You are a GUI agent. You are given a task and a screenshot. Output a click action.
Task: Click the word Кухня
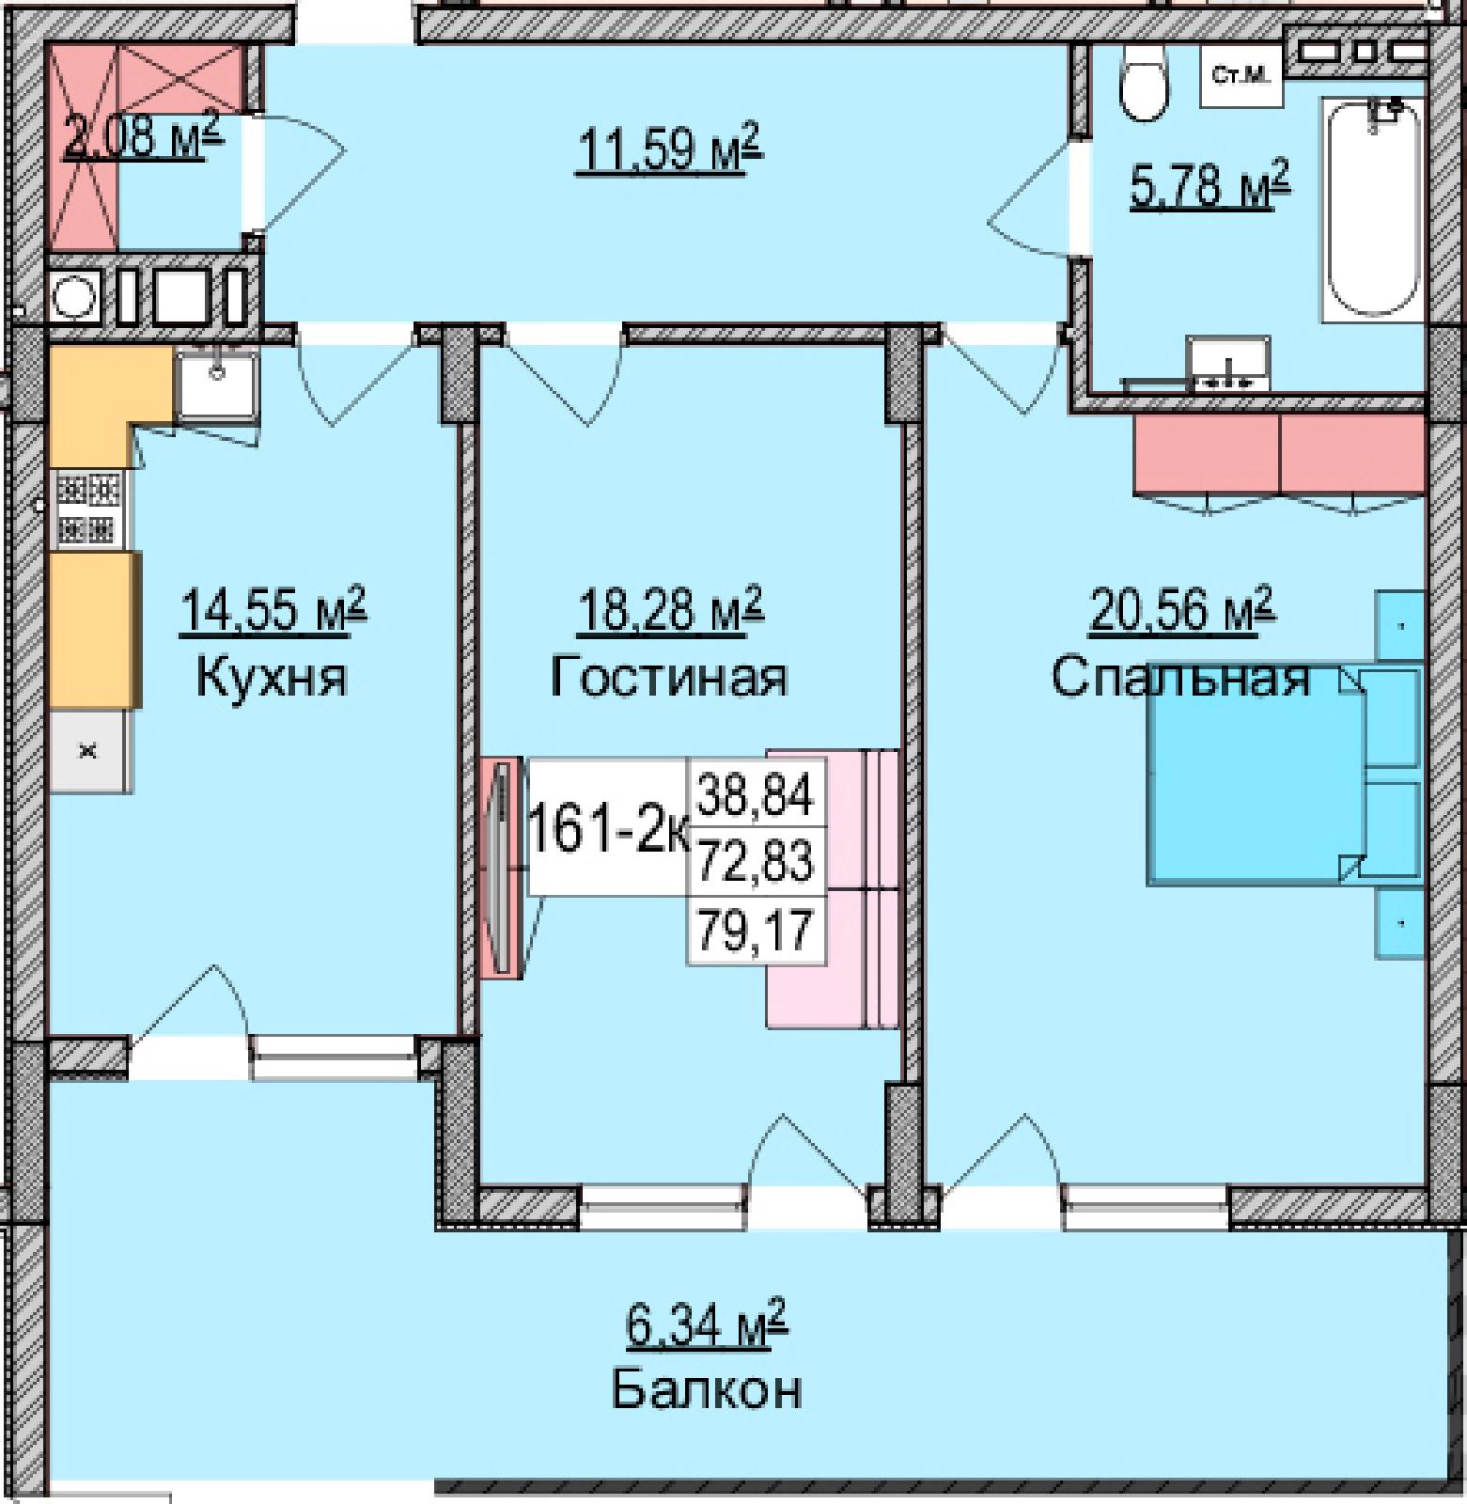pos(272,676)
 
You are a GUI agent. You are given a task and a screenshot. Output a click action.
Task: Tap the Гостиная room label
pos(668,676)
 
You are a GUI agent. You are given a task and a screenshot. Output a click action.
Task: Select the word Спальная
pos(1180,676)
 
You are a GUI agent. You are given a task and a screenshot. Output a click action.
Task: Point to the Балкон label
pos(707,1389)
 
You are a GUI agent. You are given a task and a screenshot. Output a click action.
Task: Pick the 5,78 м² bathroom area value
pos(1209,184)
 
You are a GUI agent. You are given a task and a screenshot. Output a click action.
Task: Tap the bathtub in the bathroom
pos(1373,209)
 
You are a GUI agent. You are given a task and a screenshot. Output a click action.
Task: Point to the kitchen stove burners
pos(89,509)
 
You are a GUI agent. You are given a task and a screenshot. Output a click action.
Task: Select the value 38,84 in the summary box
pos(756,794)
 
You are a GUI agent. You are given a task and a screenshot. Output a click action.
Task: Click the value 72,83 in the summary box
pos(756,862)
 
